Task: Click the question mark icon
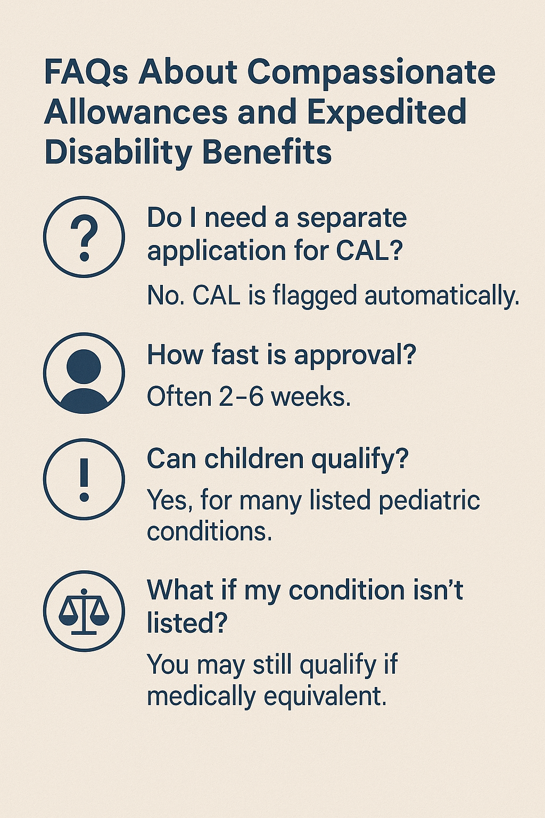point(84,236)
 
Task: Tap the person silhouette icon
point(84,373)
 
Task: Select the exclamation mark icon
point(84,479)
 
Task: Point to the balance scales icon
point(84,611)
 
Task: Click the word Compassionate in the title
point(371,73)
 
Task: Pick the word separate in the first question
point(351,218)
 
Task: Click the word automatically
point(442,296)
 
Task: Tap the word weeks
point(311,397)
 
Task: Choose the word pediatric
point(429,500)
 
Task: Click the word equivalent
point(325,697)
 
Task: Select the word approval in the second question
point(354,356)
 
